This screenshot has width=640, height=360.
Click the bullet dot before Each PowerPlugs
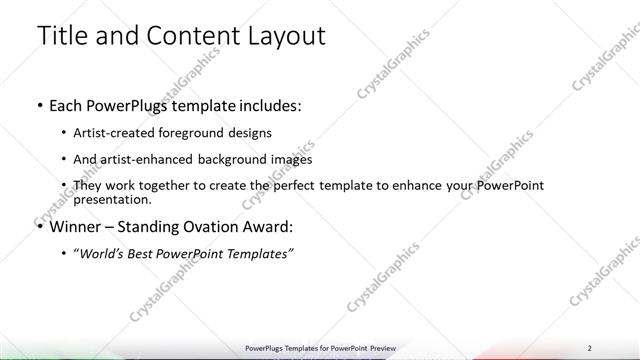point(39,104)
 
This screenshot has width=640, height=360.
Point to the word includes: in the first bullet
point(268,104)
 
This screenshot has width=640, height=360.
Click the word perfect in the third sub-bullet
point(309,186)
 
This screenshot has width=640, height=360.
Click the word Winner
point(77,227)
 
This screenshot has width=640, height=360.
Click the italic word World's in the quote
point(105,254)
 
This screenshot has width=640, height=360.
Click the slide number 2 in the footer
point(590,348)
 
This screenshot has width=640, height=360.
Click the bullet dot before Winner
point(39,227)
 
